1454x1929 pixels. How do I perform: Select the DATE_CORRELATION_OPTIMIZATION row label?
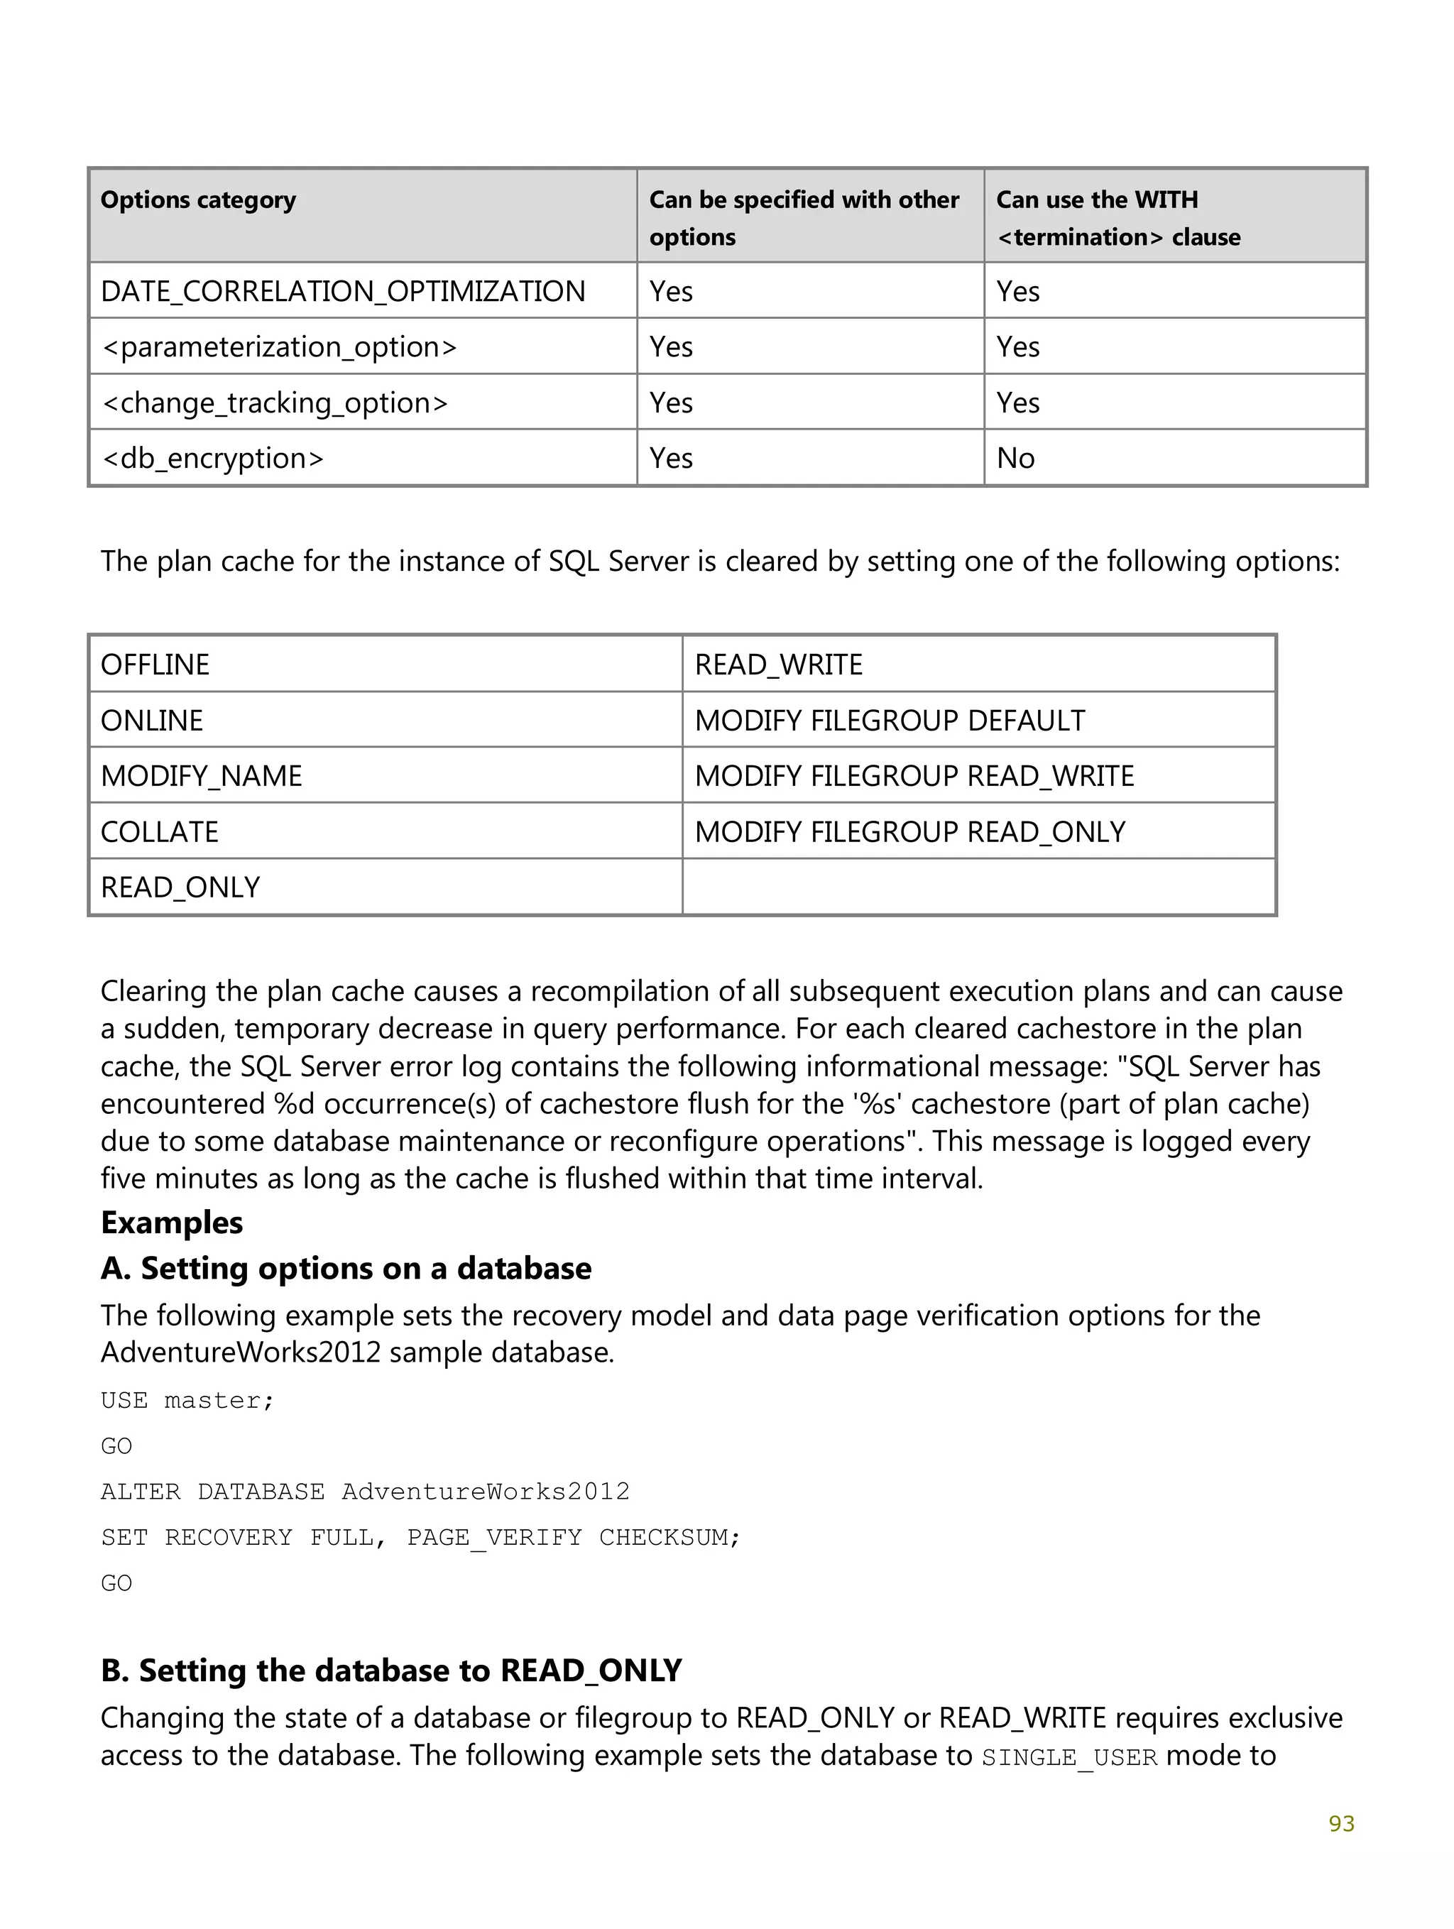coord(343,291)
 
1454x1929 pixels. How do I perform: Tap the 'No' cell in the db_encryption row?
coord(1015,458)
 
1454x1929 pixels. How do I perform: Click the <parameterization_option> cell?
coord(279,347)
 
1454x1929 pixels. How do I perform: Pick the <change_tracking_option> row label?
coord(275,403)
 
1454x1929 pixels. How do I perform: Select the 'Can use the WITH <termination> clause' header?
coord(1117,218)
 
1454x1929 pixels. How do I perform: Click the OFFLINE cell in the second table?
coord(155,665)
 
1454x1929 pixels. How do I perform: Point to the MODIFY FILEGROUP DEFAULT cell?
coord(890,721)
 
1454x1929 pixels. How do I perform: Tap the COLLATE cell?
coord(160,832)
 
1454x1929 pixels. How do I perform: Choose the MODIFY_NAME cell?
coord(202,776)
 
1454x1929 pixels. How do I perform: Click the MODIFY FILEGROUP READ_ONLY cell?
coord(909,832)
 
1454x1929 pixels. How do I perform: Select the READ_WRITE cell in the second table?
coord(778,665)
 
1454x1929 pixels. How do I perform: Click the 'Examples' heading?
coord(172,1223)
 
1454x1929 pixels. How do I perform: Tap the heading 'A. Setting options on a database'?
coord(346,1268)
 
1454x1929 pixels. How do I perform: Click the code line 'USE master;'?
coord(187,1401)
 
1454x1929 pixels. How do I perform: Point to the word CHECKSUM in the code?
coord(669,1536)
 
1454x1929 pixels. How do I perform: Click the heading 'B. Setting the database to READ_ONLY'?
coord(390,1670)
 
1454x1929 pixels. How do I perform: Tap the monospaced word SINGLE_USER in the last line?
coord(1069,1756)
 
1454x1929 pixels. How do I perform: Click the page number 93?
coord(1340,1823)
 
